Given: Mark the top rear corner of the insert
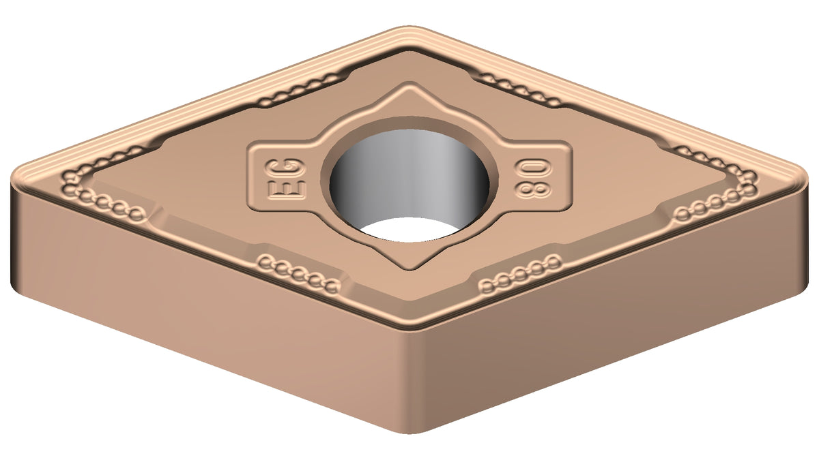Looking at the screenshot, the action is (x=409, y=27).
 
